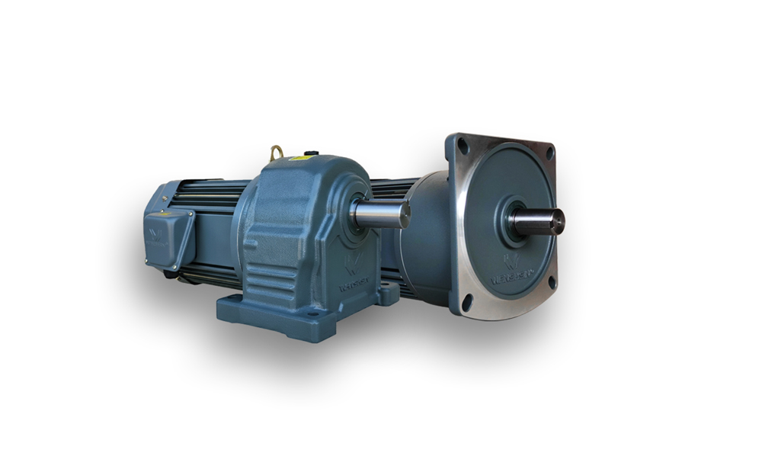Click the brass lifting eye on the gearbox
[276, 153]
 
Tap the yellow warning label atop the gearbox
[299, 158]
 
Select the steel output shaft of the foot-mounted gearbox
[381, 214]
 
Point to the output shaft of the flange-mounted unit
[539, 221]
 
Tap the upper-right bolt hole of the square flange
[549, 153]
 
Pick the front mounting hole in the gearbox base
[313, 313]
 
